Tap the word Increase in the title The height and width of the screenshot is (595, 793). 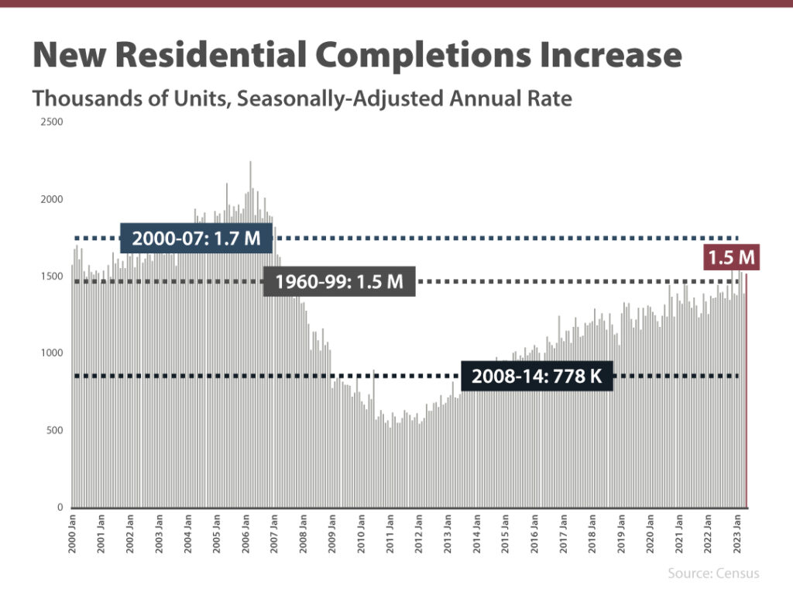pyautogui.click(x=606, y=55)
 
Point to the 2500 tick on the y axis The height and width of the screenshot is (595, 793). pyautogui.click(x=52, y=122)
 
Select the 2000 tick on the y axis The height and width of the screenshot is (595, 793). pyautogui.click(x=52, y=199)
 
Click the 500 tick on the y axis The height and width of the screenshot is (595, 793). pyautogui.click(x=54, y=431)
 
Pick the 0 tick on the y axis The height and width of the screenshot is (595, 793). pyautogui.click(x=60, y=507)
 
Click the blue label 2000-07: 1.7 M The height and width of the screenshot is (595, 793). pyautogui.click(x=196, y=239)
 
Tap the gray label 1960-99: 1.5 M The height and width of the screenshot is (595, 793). pyautogui.click(x=339, y=281)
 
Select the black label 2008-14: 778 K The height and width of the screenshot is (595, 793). pyautogui.click(x=537, y=377)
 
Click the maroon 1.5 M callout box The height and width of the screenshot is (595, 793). pyautogui.click(x=731, y=256)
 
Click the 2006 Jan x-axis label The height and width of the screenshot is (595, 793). pyautogui.click(x=246, y=533)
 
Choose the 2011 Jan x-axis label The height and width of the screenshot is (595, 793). pyautogui.click(x=390, y=533)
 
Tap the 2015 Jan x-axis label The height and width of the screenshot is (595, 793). pyautogui.click(x=506, y=533)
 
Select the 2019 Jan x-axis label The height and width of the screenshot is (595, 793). pyautogui.click(x=621, y=533)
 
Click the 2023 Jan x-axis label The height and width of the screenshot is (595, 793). pyautogui.click(x=736, y=533)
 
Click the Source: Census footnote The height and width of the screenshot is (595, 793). pyautogui.click(x=713, y=573)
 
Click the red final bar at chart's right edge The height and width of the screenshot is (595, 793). pyautogui.click(x=747, y=387)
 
